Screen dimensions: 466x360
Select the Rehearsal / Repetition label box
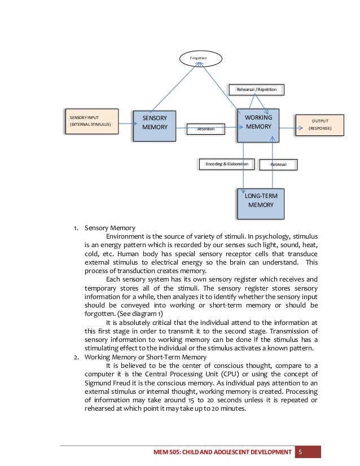tap(256, 89)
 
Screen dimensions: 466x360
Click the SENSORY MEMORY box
tap(155, 124)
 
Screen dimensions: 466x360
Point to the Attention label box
tap(205, 130)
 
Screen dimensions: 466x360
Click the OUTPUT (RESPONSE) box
tap(320, 124)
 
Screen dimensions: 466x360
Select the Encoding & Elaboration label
tap(227, 164)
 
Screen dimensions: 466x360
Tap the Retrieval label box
tap(278, 164)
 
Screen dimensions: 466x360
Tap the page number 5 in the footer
tap(301, 452)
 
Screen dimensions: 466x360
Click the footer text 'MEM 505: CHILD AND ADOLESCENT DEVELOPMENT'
tap(226, 452)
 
